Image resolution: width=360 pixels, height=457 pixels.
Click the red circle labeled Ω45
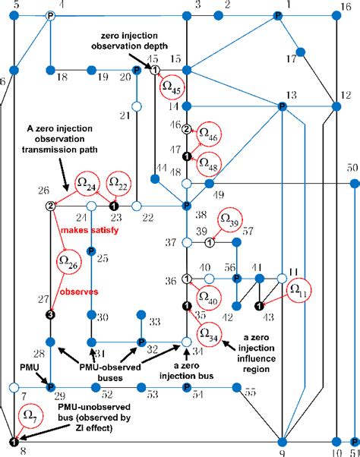(172, 87)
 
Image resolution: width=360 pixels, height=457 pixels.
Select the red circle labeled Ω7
(28, 417)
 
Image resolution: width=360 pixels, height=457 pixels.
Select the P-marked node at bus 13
(281, 107)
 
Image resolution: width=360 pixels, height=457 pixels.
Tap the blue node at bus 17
(300, 52)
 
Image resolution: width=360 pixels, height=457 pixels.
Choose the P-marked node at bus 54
(187, 388)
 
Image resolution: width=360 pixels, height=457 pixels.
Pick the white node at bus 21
(137, 107)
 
